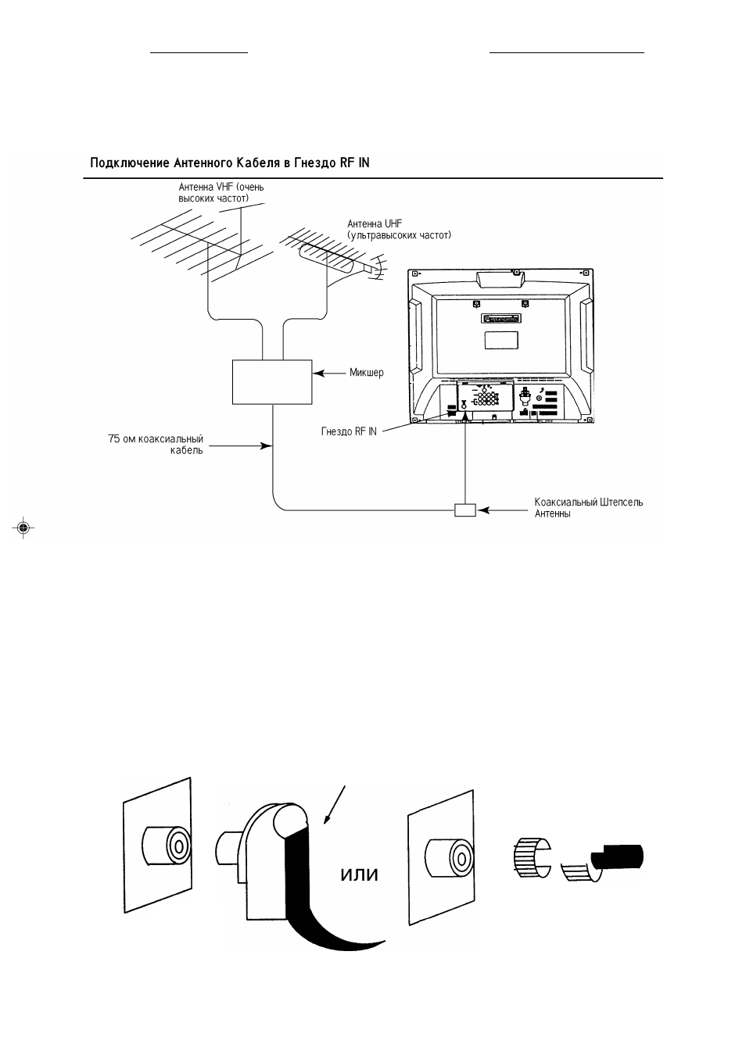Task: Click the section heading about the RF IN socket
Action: pos(230,163)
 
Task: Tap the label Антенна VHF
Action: pos(221,192)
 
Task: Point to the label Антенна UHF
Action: pos(399,230)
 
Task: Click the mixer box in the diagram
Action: pos(272,382)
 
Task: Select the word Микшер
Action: pos(366,373)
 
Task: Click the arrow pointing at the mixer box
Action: pos(329,374)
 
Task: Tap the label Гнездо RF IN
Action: pos(349,431)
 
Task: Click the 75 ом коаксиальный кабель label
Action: pos(156,445)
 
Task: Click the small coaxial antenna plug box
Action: pos(465,510)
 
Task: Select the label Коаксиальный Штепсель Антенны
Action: pos(589,508)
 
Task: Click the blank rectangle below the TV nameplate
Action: pos(501,340)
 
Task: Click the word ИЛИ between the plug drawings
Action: pos(359,875)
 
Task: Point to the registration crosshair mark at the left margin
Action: pos(23,528)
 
